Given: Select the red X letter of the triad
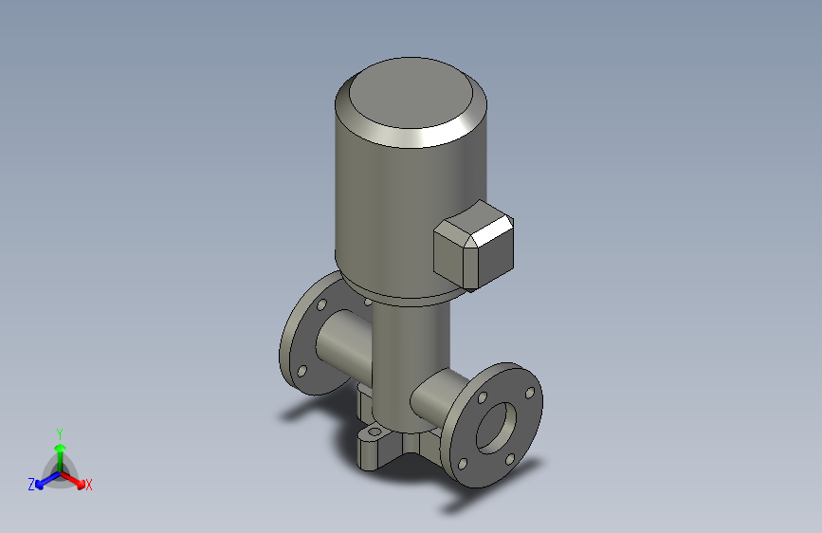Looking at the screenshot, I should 89,486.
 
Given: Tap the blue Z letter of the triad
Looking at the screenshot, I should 31,485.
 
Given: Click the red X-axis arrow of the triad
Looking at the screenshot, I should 75,478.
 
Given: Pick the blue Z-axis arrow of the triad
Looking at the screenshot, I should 44,479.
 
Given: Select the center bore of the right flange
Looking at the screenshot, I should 496,425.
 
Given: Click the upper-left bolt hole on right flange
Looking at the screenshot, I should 483,397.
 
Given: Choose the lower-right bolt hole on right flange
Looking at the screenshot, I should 510,458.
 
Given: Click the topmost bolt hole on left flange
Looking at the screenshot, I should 321,305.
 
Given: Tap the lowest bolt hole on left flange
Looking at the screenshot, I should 302,371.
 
